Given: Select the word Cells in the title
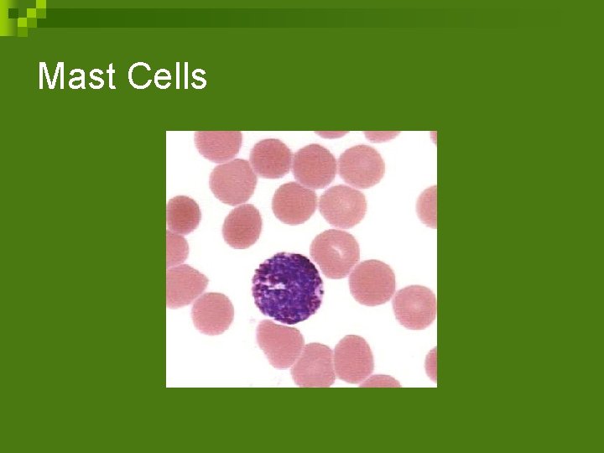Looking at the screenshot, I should pos(167,77).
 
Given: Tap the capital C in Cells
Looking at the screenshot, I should pos(140,77).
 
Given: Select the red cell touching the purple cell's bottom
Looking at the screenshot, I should pos(280,345).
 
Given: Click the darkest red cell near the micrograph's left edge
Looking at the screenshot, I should pos(184,215).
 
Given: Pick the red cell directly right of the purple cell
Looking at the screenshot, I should pos(371,282).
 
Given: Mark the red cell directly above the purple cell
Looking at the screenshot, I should pos(294,203).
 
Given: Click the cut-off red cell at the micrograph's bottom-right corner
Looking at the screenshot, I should pos(430,364).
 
